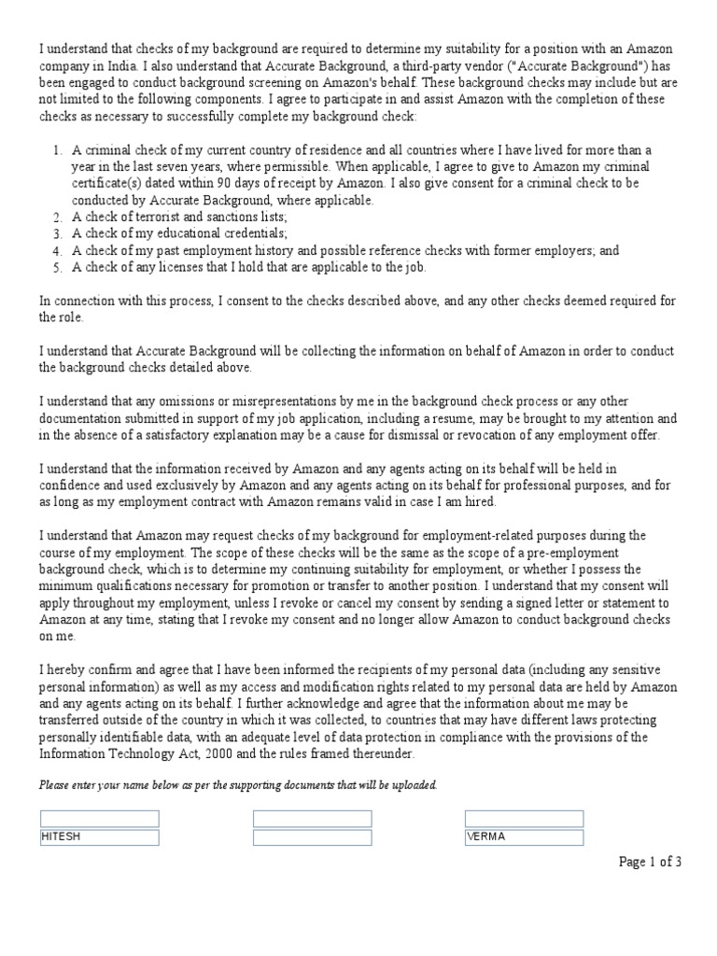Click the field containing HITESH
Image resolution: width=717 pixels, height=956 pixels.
pyautogui.click(x=99, y=837)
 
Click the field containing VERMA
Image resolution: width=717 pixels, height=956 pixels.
pyautogui.click(x=524, y=837)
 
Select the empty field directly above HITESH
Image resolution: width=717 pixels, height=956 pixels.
pyautogui.click(x=99, y=819)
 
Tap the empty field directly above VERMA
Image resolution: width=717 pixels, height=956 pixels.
pyautogui.click(x=524, y=819)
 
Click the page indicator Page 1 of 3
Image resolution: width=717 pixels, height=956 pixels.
pyautogui.click(x=651, y=862)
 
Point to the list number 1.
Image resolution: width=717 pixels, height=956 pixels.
pyautogui.click(x=56, y=150)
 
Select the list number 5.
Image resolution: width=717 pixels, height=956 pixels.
pyautogui.click(x=56, y=268)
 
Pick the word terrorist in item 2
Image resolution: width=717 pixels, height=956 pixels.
pyautogui.click(x=155, y=218)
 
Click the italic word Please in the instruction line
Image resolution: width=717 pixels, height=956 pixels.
pyautogui.click(x=54, y=785)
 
